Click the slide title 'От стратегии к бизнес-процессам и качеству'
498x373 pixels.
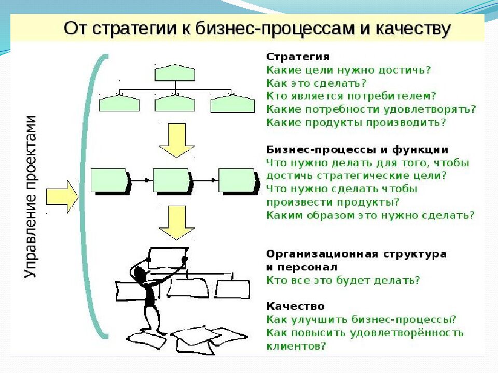(x=257, y=28)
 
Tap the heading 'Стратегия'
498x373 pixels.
(x=298, y=56)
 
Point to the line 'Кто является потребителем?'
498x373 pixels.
(x=351, y=96)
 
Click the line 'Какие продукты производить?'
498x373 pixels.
(x=356, y=123)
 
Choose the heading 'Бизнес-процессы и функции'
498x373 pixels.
(x=357, y=150)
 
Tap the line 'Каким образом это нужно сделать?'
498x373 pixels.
(x=370, y=215)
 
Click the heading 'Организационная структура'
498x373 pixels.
(x=356, y=254)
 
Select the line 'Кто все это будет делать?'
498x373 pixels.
(x=343, y=280)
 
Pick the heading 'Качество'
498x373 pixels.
(x=295, y=307)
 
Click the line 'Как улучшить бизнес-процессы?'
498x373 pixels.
(x=361, y=319)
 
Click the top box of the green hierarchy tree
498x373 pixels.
(x=175, y=73)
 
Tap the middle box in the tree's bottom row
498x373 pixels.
(x=175, y=104)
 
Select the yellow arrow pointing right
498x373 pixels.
(x=62, y=196)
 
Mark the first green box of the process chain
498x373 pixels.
(x=109, y=180)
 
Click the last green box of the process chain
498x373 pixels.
(x=238, y=180)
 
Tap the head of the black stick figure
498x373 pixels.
(x=139, y=272)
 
